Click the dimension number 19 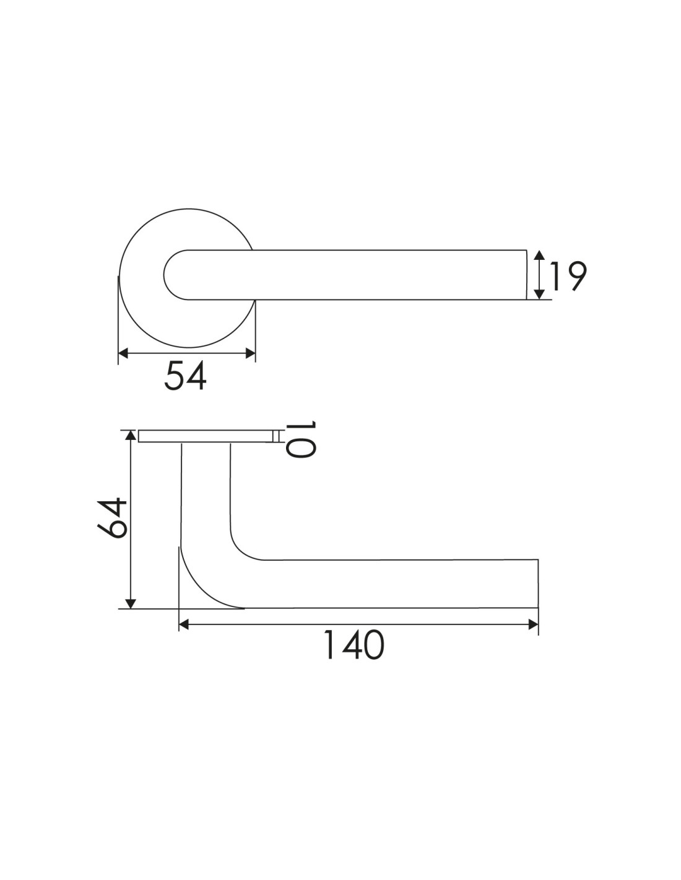(x=566, y=276)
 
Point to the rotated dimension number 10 (x=301, y=439)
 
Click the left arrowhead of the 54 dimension (x=123, y=353)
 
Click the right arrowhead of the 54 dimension (x=250, y=353)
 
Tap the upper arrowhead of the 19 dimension (x=539, y=255)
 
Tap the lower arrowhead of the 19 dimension (x=539, y=295)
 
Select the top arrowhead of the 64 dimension (x=130, y=435)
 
